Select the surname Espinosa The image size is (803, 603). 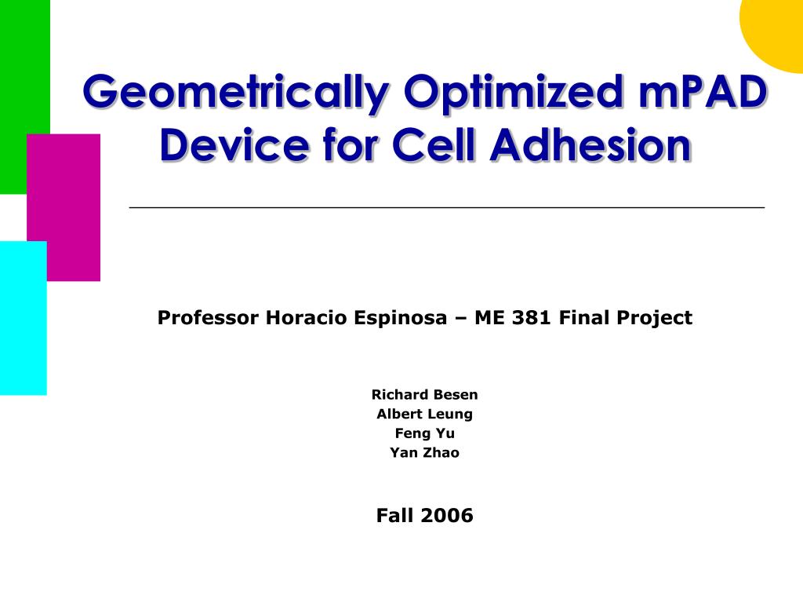401,319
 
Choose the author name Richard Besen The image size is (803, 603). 424,394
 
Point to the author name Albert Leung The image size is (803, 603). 424,415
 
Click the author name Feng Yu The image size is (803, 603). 424,433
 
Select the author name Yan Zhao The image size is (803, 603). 424,453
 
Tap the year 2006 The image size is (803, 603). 446,515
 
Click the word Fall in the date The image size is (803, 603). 395,515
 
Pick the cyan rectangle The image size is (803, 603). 23,318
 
